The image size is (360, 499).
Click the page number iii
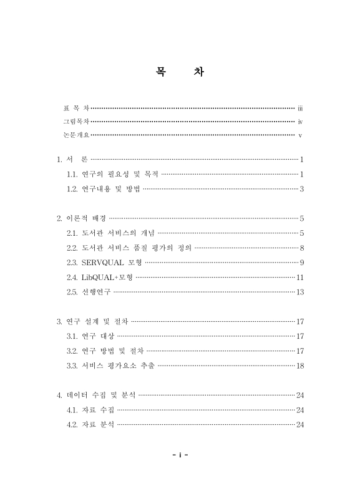[x=300, y=108]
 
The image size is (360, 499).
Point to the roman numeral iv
[x=300, y=122]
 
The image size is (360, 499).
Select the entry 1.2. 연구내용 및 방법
[x=103, y=188]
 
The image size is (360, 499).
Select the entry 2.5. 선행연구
[x=89, y=291]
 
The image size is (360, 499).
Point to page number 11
[x=299, y=277]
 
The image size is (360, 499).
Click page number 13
[x=299, y=291]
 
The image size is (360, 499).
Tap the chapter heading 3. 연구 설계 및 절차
[x=92, y=321]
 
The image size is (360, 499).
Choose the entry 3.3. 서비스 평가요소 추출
[x=110, y=365]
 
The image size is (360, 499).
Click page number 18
[x=299, y=365]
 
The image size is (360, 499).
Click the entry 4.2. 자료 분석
[x=90, y=424]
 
